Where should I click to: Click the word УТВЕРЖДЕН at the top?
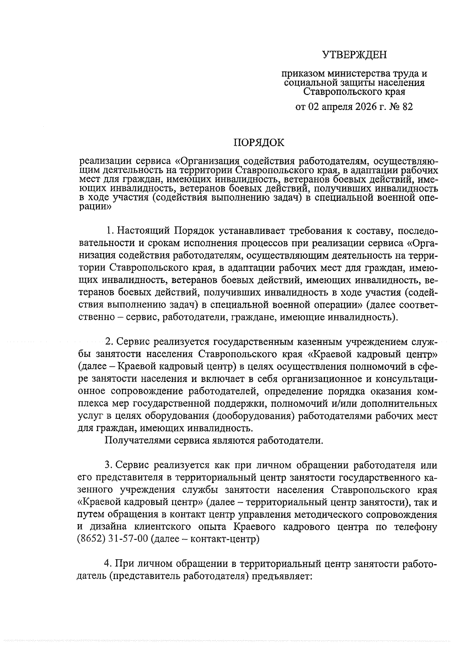point(354,56)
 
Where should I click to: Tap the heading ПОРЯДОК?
point(258,143)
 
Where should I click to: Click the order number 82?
point(406,107)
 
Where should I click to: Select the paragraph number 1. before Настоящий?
point(110,231)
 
